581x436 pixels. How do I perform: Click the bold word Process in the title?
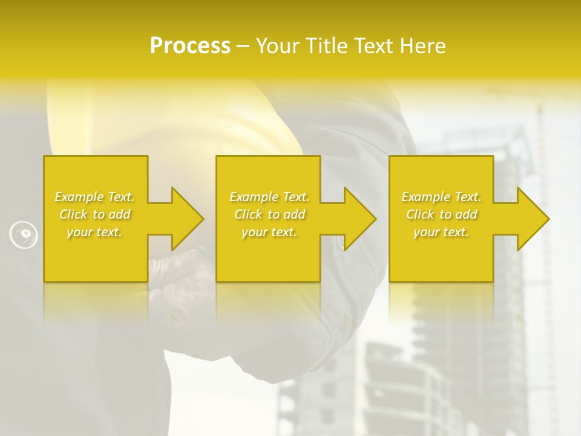(190, 45)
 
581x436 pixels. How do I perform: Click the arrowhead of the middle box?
(359, 219)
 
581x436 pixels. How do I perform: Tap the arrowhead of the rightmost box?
(533, 219)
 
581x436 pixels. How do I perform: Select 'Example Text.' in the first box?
(94, 197)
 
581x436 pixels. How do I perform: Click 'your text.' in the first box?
(94, 232)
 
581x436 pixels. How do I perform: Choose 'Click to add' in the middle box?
(269, 214)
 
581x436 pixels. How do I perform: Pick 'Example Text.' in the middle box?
(269, 197)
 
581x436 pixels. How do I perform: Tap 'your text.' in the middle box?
(269, 232)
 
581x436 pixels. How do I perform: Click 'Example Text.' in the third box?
(441, 197)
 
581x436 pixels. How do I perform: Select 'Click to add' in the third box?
(441, 214)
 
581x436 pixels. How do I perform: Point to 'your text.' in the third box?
(441, 232)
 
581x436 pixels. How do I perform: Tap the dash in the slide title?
(243, 47)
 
